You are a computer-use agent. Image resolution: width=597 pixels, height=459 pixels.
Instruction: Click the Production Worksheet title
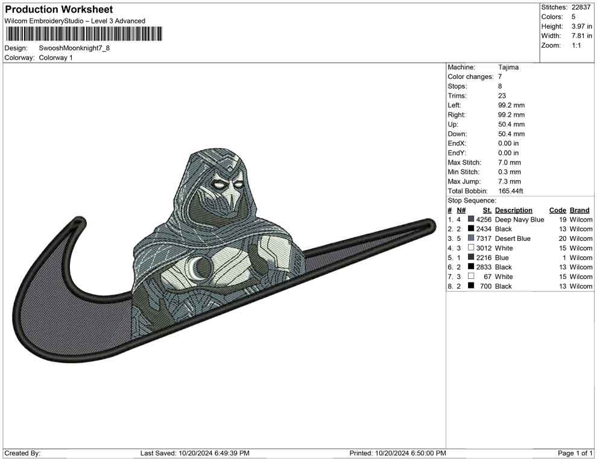click(59, 10)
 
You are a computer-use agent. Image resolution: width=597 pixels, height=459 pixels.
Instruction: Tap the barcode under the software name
click(83, 34)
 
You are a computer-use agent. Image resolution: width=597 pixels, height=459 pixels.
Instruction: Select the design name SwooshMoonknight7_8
click(74, 48)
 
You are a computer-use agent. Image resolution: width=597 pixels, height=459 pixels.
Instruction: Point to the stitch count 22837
click(581, 7)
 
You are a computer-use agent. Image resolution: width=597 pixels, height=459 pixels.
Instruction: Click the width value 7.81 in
click(581, 36)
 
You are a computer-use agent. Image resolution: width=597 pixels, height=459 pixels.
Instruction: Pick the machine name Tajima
click(508, 67)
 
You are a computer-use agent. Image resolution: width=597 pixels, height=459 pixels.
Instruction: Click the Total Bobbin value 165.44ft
click(511, 191)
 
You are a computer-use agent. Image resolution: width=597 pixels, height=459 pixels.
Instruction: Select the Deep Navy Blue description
click(519, 220)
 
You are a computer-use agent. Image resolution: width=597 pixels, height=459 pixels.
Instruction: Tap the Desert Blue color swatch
click(471, 238)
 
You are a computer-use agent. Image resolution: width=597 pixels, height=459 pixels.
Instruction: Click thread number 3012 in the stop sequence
click(484, 248)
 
